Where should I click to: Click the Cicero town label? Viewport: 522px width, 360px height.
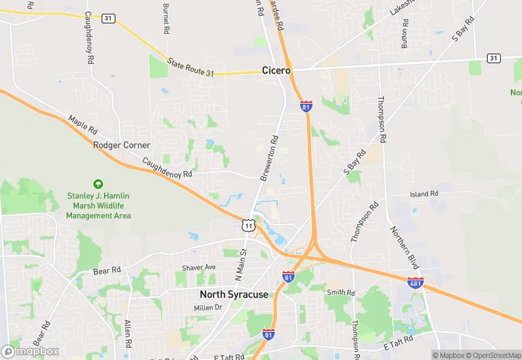(x=277, y=70)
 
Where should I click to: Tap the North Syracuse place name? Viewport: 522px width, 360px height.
(x=234, y=294)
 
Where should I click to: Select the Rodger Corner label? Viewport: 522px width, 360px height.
(x=122, y=145)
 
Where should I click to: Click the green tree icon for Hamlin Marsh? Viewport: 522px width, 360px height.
(x=98, y=184)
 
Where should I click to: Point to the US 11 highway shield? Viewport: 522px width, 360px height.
(x=248, y=225)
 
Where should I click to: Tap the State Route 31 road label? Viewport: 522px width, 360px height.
(x=196, y=67)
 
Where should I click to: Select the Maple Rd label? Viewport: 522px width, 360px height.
(x=83, y=129)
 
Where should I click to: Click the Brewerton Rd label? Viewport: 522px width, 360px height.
(x=269, y=159)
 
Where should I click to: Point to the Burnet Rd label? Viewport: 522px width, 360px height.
(x=166, y=19)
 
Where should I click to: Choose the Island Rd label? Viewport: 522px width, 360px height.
(x=424, y=194)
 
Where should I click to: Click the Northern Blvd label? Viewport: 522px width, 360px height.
(x=404, y=248)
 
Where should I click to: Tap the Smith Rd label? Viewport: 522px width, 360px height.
(x=341, y=293)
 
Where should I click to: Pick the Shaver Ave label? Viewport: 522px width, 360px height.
(x=198, y=267)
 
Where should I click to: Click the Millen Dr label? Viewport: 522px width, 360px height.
(x=208, y=307)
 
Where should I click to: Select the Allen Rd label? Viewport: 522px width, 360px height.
(x=127, y=333)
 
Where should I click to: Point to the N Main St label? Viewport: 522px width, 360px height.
(x=240, y=265)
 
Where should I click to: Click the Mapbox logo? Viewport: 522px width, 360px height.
(x=30, y=351)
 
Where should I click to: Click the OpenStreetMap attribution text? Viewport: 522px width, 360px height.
(x=492, y=355)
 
